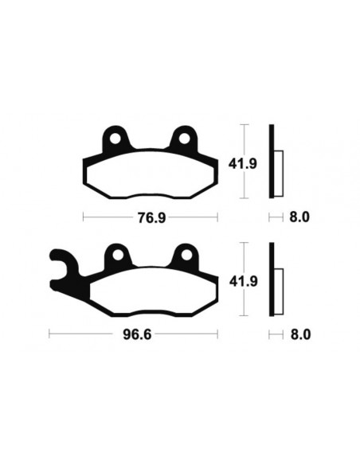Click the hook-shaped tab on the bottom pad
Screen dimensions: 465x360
pyautogui.click(x=62, y=267)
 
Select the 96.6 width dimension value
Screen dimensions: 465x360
pyautogui.click(x=133, y=334)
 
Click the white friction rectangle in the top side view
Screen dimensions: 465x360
pyautogui.click(x=279, y=173)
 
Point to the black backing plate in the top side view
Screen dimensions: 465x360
pyautogui.click(x=272, y=163)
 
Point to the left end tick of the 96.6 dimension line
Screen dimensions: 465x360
pyautogui.click(x=50, y=334)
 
